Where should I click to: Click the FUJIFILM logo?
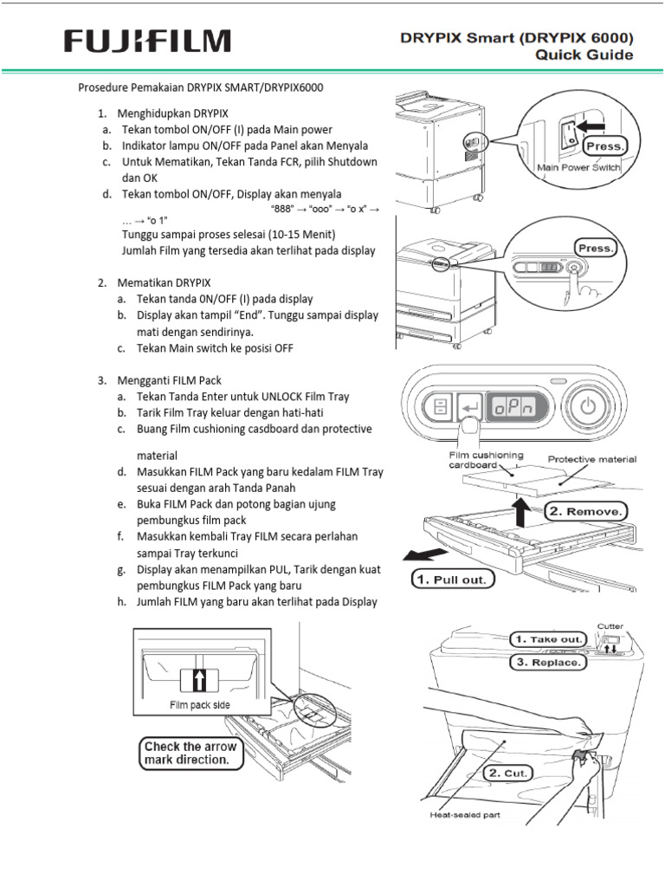(x=148, y=42)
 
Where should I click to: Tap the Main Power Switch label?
(x=578, y=168)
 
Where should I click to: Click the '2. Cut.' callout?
(x=507, y=772)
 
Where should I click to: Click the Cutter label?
(x=610, y=625)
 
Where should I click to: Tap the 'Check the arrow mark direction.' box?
(x=185, y=753)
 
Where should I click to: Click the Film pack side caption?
(x=198, y=704)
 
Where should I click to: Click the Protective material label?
(x=592, y=459)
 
